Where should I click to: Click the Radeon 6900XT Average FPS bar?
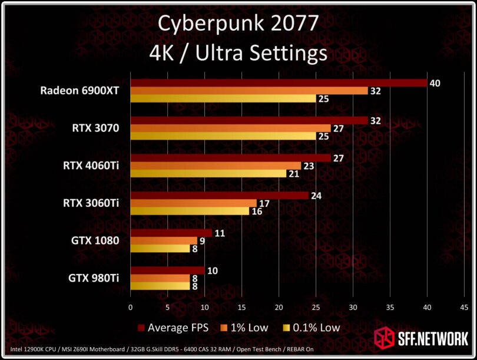coord(279,83)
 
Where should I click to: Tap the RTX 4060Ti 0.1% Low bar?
coord(208,173)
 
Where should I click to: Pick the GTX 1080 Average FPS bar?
coord(171,233)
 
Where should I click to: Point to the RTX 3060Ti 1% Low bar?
coord(194,203)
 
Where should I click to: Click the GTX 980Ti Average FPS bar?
coord(168,270)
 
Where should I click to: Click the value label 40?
coord(435,83)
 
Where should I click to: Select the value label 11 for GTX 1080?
coord(220,233)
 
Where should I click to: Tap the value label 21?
coord(293,173)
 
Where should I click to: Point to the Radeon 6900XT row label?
coord(79,91)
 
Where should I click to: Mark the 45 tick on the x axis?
coord(465,307)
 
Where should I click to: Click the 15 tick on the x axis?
coord(241,307)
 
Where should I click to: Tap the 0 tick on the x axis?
coord(131,307)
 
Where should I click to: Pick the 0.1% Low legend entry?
coord(311,327)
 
